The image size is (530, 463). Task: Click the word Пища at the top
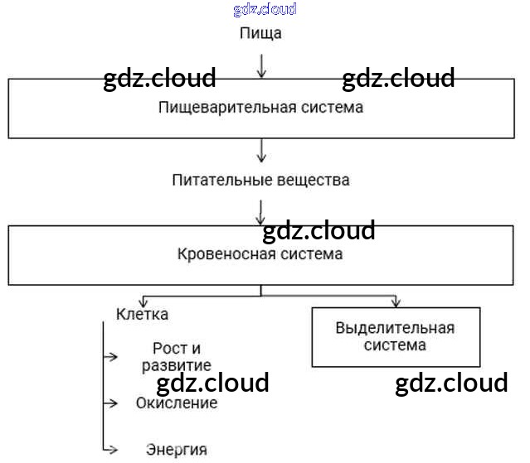pyautogui.click(x=260, y=33)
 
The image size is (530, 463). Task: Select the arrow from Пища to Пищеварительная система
pyautogui.click(x=262, y=65)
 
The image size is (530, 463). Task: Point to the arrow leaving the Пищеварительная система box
pyautogui.click(x=262, y=150)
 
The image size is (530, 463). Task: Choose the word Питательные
pyautogui.click(x=218, y=180)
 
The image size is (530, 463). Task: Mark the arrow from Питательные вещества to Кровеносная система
pyautogui.click(x=262, y=210)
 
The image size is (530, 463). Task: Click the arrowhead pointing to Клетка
pyautogui.click(x=142, y=301)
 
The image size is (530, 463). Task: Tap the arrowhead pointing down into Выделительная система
pyautogui.click(x=396, y=301)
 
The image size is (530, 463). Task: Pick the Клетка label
pyautogui.click(x=142, y=314)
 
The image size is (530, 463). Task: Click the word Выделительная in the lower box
pyautogui.click(x=395, y=327)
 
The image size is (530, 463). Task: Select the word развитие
pyautogui.click(x=176, y=365)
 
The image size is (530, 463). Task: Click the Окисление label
pyautogui.click(x=177, y=403)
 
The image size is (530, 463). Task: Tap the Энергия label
pyautogui.click(x=176, y=450)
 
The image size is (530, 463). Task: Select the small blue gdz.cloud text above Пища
pyautogui.click(x=265, y=10)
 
